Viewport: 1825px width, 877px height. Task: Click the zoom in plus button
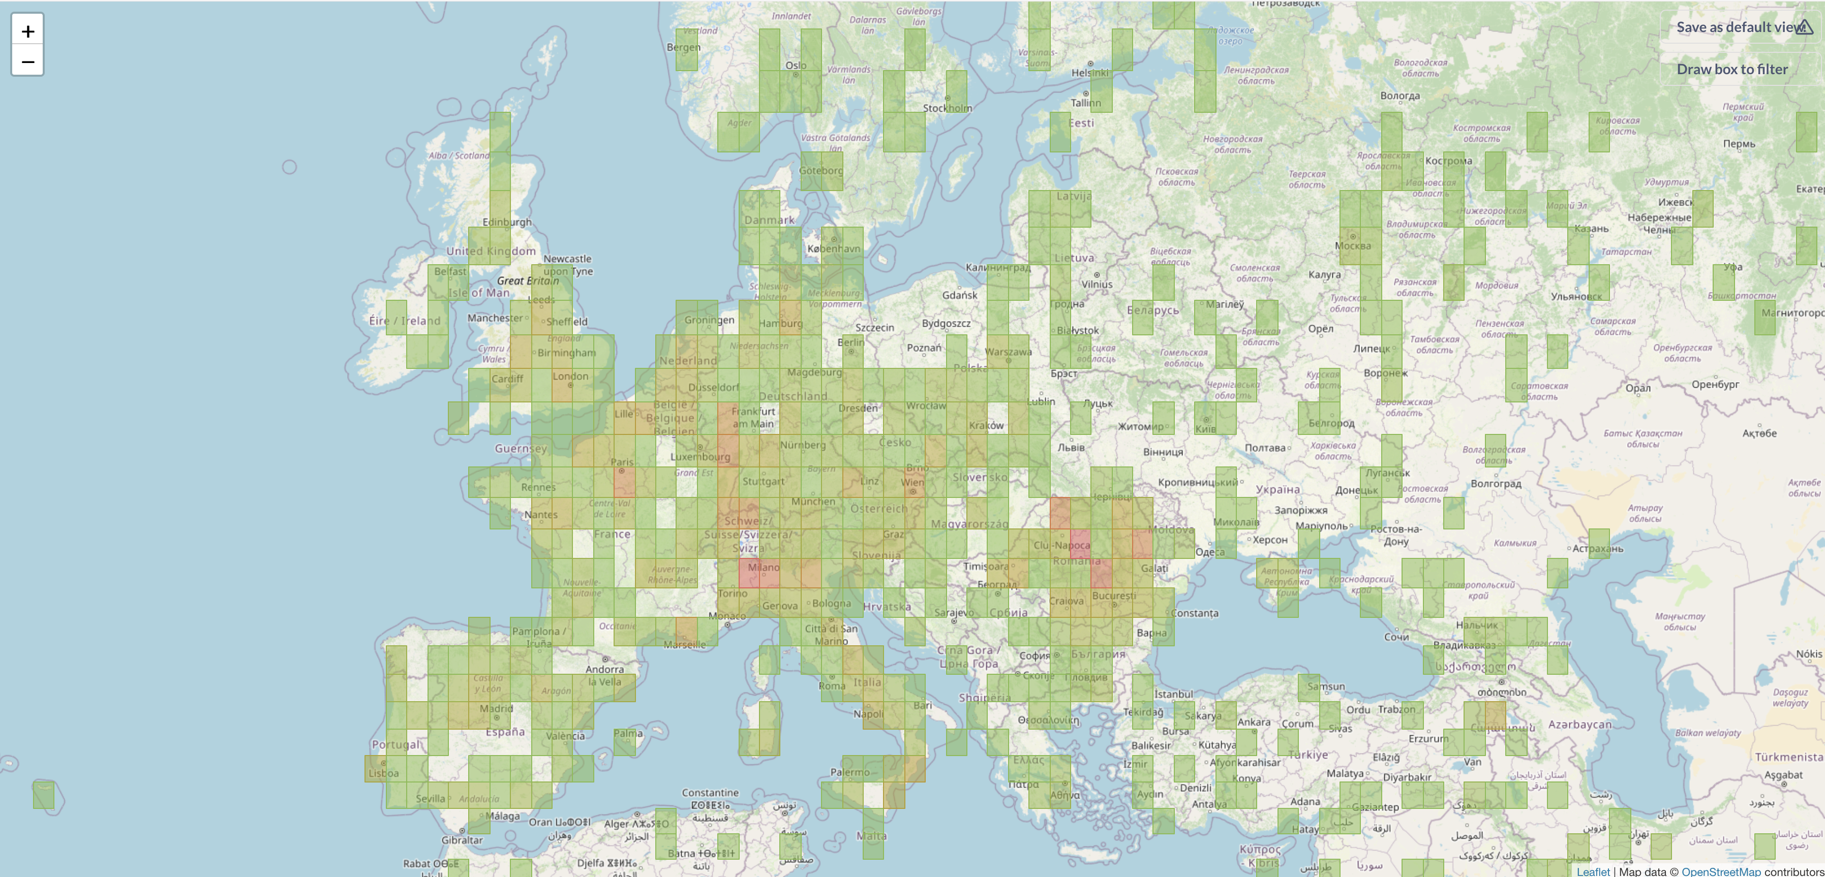27,31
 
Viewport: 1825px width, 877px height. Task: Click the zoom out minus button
27,61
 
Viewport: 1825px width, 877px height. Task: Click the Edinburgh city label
506,222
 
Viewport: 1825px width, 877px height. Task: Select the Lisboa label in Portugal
383,773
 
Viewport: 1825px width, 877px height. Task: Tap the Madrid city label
496,708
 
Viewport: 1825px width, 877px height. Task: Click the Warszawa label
1008,352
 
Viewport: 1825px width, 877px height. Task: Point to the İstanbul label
1173,694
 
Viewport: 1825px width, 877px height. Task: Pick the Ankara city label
1253,722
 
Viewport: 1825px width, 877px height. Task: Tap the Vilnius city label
1097,285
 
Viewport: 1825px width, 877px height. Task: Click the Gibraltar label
462,840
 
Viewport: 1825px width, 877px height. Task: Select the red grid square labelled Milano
759,573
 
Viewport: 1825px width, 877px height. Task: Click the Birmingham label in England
566,353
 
